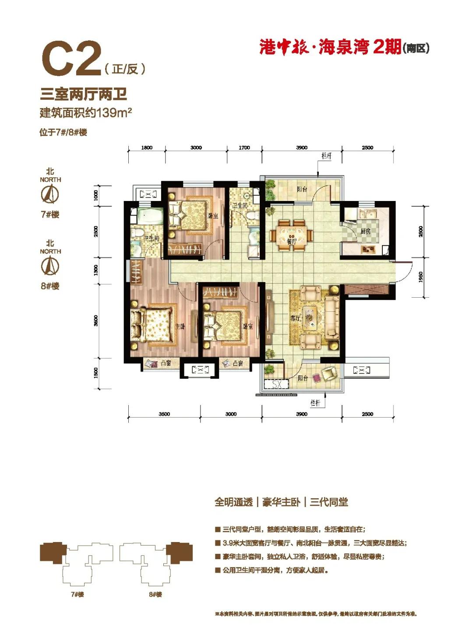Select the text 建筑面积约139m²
(86, 113)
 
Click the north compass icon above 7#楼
(50, 194)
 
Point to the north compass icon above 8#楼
(50, 266)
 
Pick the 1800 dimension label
(147, 148)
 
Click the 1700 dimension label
(244, 148)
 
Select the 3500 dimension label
(164, 414)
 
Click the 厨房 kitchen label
(365, 231)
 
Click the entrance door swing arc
(406, 274)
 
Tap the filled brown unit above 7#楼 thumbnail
(53, 553)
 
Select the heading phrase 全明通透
(233, 502)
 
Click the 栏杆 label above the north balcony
(326, 156)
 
